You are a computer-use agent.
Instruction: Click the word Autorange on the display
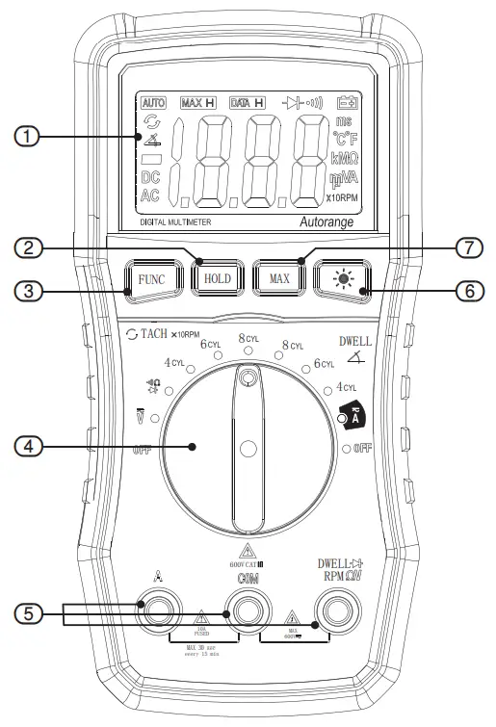click(328, 221)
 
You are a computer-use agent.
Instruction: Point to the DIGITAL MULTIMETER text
click(176, 221)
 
